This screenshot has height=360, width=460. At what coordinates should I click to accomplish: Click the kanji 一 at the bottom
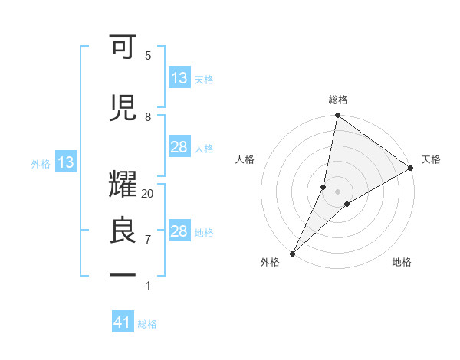[123, 273]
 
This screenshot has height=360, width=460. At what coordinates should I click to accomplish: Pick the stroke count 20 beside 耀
[148, 194]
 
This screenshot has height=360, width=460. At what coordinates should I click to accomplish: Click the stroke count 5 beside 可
[148, 56]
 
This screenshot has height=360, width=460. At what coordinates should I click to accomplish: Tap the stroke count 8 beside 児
[148, 117]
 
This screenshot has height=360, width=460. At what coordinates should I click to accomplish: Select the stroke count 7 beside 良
[148, 240]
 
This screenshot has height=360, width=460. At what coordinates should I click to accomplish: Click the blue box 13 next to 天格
[179, 78]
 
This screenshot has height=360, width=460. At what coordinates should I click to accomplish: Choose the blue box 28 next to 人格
[179, 147]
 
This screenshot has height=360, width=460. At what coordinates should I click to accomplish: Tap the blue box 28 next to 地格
[179, 231]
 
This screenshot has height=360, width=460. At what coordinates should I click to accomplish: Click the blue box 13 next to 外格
[66, 162]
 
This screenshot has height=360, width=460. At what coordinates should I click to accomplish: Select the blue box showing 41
[123, 323]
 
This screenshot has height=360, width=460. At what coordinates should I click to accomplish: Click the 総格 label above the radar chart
[338, 100]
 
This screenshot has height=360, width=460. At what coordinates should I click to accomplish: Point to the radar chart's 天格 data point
[410, 169]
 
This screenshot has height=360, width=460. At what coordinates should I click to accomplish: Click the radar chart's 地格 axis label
[402, 262]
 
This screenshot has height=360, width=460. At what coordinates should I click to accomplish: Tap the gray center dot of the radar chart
[338, 191]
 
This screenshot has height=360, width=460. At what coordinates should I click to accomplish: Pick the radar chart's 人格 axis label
[245, 159]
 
